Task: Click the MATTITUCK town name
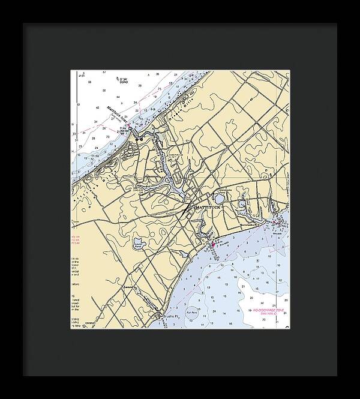point(208,207)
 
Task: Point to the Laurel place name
point(128,287)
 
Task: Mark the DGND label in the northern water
point(124,81)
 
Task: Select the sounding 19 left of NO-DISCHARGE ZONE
point(248,310)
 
